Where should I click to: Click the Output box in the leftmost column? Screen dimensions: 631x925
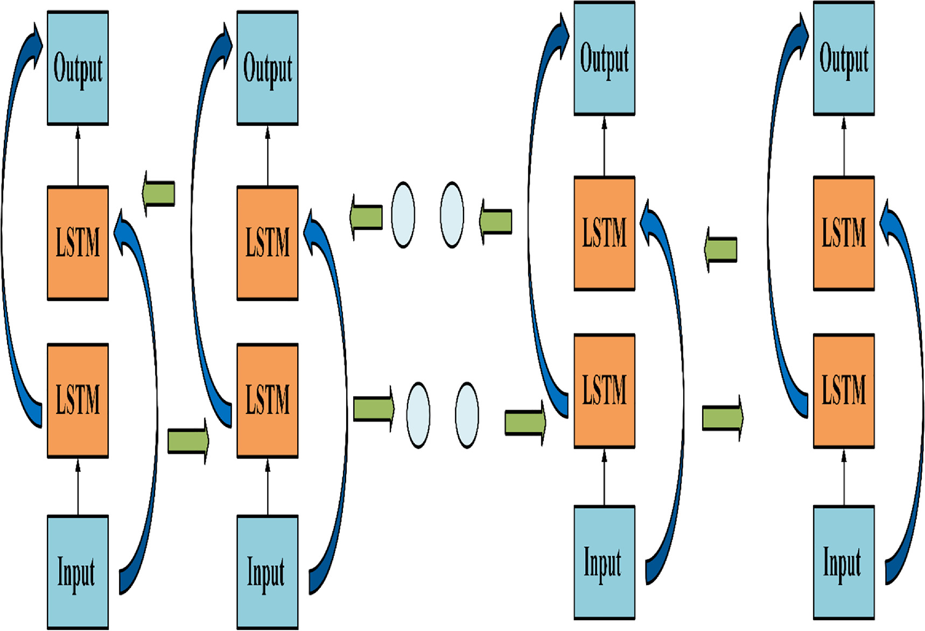tap(78, 68)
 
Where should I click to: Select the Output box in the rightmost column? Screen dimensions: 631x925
tap(843, 59)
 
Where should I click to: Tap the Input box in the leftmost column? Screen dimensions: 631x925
tap(78, 572)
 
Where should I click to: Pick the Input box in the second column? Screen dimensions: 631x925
tap(267, 572)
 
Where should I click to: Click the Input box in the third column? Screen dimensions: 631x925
tap(604, 563)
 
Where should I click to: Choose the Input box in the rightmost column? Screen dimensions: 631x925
tap(843, 563)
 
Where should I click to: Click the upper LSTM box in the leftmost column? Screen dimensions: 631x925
tap(78, 243)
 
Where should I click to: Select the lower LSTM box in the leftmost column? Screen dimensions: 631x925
tap(78, 401)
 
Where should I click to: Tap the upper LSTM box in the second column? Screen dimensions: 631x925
tap(267, 243)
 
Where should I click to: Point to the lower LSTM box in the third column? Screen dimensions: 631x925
tap(604, 391)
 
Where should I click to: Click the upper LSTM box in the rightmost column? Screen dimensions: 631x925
tap(843, 234)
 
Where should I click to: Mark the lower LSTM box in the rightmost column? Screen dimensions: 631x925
tap(843, 391)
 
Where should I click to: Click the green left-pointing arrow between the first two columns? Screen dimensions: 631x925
tap(159, 193)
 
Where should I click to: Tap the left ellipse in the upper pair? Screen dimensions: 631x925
tap(403, 215)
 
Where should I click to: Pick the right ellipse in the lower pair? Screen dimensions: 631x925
tap(466, 415)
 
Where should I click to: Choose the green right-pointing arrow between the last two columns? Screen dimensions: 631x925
tap(723, 418)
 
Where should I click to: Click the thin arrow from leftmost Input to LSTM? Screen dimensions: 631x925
tap(78, 487)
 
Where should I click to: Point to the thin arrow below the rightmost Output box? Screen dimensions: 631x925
tap(843, 145)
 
